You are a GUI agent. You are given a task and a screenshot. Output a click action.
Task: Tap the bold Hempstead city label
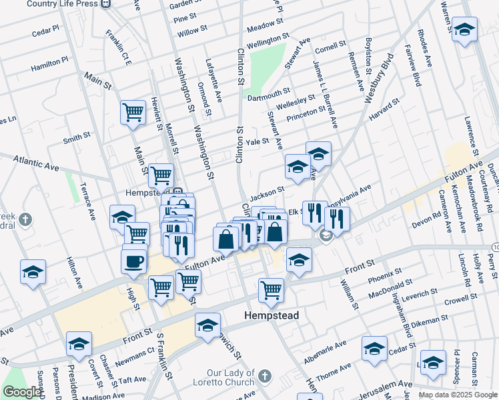[271, 315]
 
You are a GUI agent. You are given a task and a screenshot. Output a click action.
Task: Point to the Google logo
[22, 392]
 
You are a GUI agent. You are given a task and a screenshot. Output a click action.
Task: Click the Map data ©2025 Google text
[458, 395]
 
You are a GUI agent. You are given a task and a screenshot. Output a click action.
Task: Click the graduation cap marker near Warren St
[464, 30]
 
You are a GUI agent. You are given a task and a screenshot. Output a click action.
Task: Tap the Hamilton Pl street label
[49, 63]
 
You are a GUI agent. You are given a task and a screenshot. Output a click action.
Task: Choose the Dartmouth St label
[269, 94]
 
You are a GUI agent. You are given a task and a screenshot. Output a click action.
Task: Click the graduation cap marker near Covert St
[79, 344]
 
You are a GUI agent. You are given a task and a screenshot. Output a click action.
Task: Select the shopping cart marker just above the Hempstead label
[271, 290]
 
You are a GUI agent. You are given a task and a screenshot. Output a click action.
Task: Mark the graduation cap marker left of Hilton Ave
[33, 272]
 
